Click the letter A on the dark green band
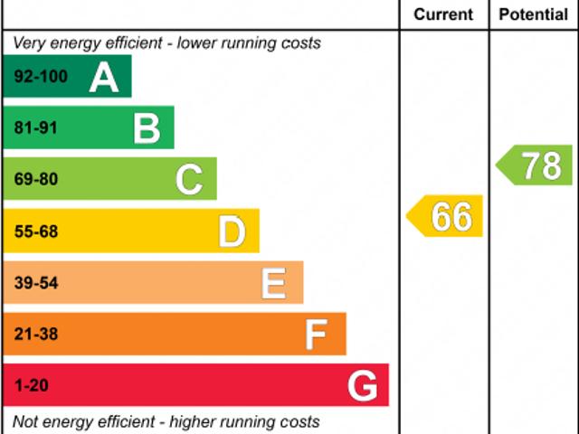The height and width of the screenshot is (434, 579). pyautogui.click(x=104, y=78)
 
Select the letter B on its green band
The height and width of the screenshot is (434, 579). pyautogui.click(x=147, y=128)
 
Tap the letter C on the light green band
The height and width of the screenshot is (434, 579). pyautogui.click(x=189, y=180)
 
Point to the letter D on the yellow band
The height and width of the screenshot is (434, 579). pyautogui.click(x=233, y=232)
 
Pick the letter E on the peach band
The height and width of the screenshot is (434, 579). pyautogui.click(x=274, y=283)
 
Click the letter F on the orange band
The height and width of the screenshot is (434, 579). pyautogui.click(x=316, y=335)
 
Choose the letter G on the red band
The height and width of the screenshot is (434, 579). pyautogui.click(x=363, y=386)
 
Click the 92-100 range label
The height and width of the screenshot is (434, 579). pyautogui.click(x=41, y=77)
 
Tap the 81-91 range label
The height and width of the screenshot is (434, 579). pyautogui.click(x=36, y=128)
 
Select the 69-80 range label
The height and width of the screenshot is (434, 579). pyautogui.click(x=36, y=180)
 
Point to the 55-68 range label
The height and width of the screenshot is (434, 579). pyautogui.click(x=36, y=232)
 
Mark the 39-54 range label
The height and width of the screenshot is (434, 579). pyautogui.click(x=36, y=283)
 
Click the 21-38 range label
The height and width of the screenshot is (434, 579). pyautogui.click(x=36, y=335)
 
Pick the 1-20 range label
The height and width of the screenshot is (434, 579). pyautogui.click(x=32, y=386)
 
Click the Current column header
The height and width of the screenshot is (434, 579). pyautogui.click(x=443, y=14)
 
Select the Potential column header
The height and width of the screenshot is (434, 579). pyautogui.click(x=534, y=14)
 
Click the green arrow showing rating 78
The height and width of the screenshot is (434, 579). pyautogui.click(x=535, y=165)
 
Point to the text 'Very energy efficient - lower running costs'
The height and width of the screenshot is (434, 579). pyautogui.click(x=166, y=43)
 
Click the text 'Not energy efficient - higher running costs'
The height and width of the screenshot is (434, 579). pyautogui.click(x=166, y=421)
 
